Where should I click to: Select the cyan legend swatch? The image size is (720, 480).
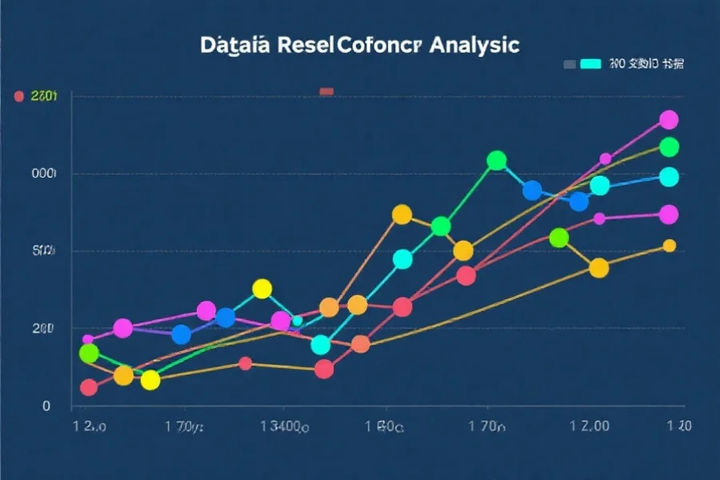(590, 63)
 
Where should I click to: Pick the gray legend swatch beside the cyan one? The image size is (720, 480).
(569, 63)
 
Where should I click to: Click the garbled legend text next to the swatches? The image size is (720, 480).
(646, 63)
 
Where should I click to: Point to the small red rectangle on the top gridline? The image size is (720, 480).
(326, 91)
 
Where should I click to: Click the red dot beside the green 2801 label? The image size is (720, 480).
(18, 97)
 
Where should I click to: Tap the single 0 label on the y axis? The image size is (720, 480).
(46, 406)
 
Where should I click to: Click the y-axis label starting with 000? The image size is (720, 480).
(43, 174)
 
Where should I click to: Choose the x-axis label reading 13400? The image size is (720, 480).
(286, 427)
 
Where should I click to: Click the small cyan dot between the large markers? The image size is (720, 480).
(297, 321)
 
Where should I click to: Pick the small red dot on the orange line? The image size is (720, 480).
(246, 364)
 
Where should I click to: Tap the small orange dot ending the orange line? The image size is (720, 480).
(670, 246)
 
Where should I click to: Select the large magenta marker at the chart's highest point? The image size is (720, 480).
(669, 120)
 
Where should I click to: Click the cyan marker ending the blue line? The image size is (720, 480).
(669, 177)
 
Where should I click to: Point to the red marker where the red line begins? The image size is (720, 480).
(89, 387)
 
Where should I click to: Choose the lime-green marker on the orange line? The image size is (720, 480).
(559, 238)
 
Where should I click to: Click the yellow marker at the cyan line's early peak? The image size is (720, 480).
(262, 289)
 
